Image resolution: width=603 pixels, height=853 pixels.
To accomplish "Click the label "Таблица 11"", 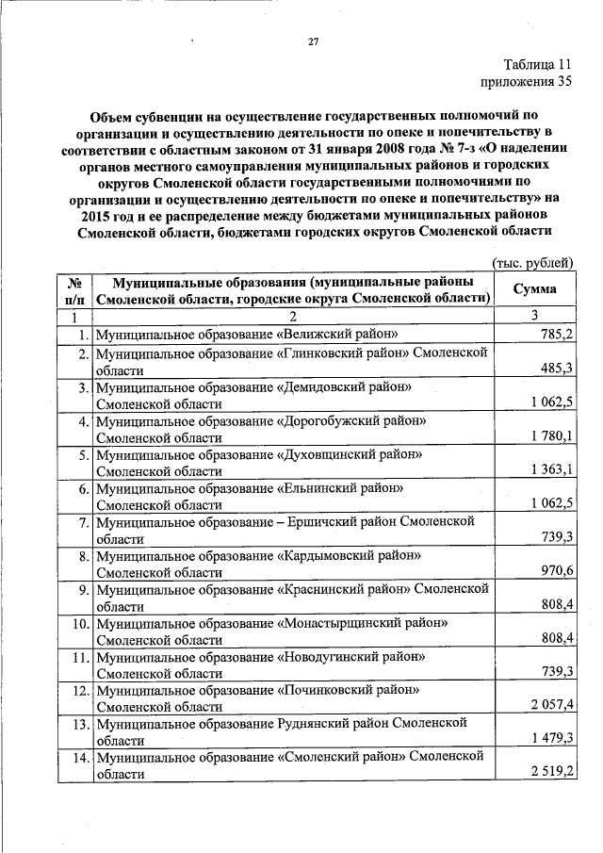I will (x=537, y=64).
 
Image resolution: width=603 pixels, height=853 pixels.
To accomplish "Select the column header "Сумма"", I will (x=534, y=289).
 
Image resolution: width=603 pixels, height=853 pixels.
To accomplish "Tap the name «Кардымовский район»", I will (x=348, y=555).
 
